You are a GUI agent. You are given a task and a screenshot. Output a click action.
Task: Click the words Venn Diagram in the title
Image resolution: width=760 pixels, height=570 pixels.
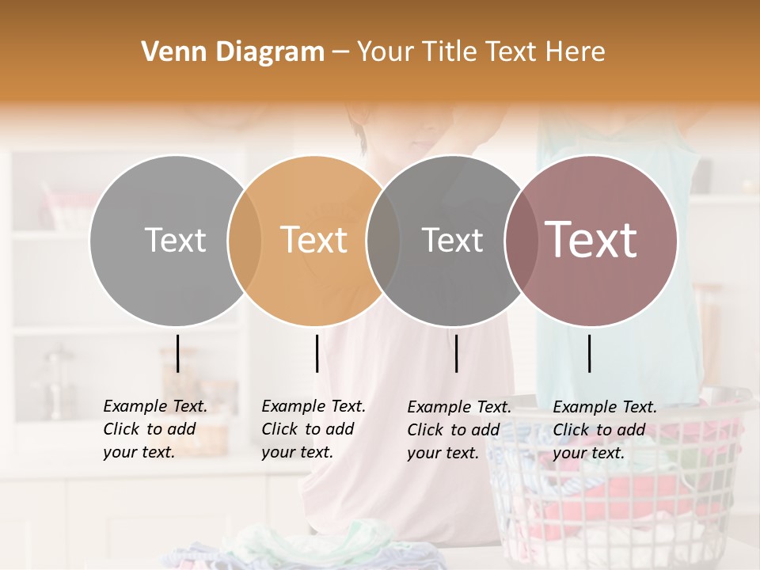233,52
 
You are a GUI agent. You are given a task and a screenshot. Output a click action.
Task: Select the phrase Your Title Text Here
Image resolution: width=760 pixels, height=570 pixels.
481,52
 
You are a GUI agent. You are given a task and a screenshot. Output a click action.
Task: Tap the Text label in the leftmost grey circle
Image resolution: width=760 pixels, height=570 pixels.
175,240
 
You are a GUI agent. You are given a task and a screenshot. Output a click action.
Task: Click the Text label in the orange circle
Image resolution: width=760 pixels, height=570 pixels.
314,240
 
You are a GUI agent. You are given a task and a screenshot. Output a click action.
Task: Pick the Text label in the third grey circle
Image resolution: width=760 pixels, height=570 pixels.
452,240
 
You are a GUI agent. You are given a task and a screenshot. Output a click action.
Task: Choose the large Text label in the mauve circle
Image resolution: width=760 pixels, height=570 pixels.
591,239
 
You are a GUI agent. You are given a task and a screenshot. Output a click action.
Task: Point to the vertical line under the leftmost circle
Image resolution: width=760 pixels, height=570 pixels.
178,353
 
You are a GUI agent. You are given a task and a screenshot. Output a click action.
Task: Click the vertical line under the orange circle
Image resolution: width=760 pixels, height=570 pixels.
317,353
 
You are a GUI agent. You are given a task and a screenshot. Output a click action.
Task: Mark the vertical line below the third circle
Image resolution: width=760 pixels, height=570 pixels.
457,353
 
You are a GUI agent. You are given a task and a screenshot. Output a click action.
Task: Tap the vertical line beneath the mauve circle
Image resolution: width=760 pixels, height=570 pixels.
589,353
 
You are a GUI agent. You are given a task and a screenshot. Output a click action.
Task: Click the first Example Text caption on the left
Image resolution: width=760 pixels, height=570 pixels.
155,429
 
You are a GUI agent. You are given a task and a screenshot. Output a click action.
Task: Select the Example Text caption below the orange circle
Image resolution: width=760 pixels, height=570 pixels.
313,429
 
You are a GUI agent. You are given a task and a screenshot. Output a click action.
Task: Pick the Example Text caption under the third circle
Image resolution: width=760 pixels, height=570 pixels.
459,430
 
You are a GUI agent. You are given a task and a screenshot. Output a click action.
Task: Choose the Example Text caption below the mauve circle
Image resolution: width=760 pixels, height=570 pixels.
605,430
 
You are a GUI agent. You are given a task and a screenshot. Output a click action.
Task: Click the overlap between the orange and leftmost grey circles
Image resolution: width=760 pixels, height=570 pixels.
244,240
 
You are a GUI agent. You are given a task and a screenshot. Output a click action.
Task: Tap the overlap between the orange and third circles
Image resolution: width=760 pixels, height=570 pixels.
383,240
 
